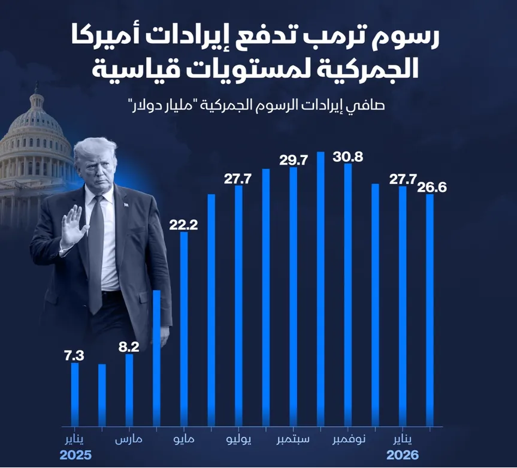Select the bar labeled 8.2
pos(129,390)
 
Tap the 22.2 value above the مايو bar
pos(184,225)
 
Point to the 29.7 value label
pos(294,160)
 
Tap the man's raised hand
pos(73,225)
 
